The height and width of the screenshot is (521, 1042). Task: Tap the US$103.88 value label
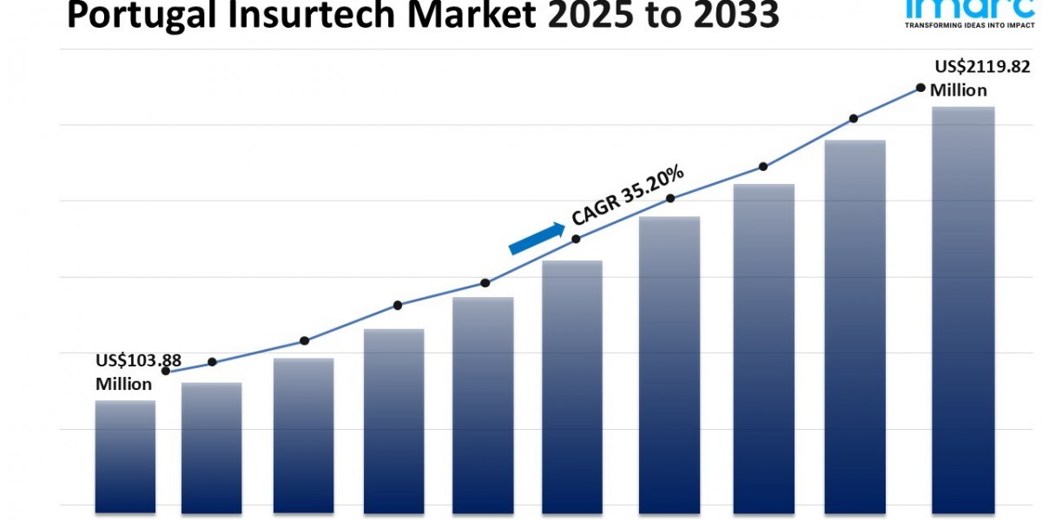click(x=138, y=361)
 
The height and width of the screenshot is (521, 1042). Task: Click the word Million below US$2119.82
click(x=958, y=90)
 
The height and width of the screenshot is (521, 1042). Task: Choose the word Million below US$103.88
click(x=123, y=384)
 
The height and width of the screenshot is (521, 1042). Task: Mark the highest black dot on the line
click(x=920, y=88)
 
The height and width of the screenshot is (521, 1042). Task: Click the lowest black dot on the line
click(x=165, y=372)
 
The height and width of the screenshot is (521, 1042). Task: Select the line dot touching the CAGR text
click(x=576, y=239)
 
